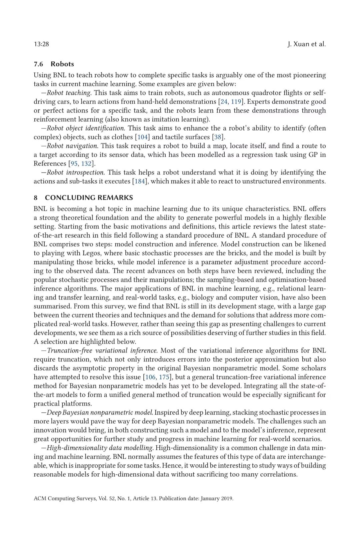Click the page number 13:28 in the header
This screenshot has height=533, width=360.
41,44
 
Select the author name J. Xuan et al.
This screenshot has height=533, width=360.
307,44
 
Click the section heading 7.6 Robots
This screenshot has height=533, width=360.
54,64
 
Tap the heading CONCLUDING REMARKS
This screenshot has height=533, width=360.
89,198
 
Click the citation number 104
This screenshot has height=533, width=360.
142,137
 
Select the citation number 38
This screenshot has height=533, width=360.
218,137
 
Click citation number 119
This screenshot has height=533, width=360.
236,102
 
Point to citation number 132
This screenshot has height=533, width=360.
86,164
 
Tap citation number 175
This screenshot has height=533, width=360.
164,377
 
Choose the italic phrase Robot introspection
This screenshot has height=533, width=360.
76,173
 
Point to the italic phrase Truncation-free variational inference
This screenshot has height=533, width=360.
102,350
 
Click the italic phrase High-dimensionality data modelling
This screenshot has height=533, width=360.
100,448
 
